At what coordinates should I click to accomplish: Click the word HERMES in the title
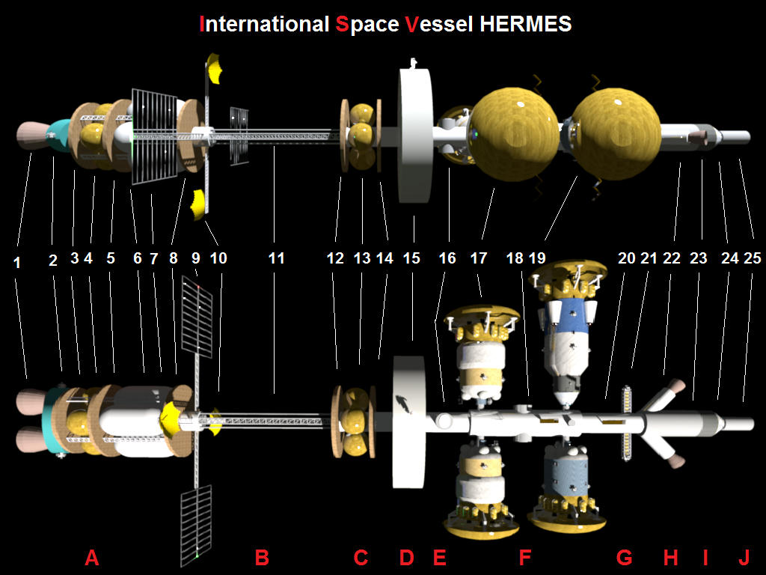(526, 23)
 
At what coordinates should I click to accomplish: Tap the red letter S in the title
(343, 23)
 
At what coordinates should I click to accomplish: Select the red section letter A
(92, 557)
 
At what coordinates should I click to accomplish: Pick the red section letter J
(744, 557)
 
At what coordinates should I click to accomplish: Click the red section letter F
(524, 557)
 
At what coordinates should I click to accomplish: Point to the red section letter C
(361, 557)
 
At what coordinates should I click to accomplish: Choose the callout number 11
(276, 258)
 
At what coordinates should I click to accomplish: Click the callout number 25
(753, 258)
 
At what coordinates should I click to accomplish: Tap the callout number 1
(17, 263)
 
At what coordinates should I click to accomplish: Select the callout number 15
(411, 258)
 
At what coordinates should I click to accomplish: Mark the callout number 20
(626, 258)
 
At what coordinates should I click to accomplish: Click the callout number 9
(195, 258)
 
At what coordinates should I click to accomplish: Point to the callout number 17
(479, 258)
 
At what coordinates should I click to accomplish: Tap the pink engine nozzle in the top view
(31, 135)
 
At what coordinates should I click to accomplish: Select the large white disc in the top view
(416, 136)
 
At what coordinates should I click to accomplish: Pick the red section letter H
(670, 557)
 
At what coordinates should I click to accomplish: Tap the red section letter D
(406, 557)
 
